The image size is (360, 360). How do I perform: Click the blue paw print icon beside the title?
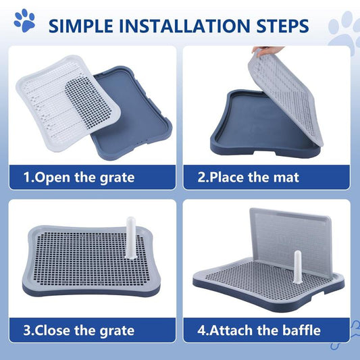(x=26, y=22)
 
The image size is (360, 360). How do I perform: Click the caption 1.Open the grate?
(x=79, y=178)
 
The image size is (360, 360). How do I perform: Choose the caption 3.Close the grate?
(x=79, y=330)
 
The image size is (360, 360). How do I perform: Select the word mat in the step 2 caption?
(x=284, y=178)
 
